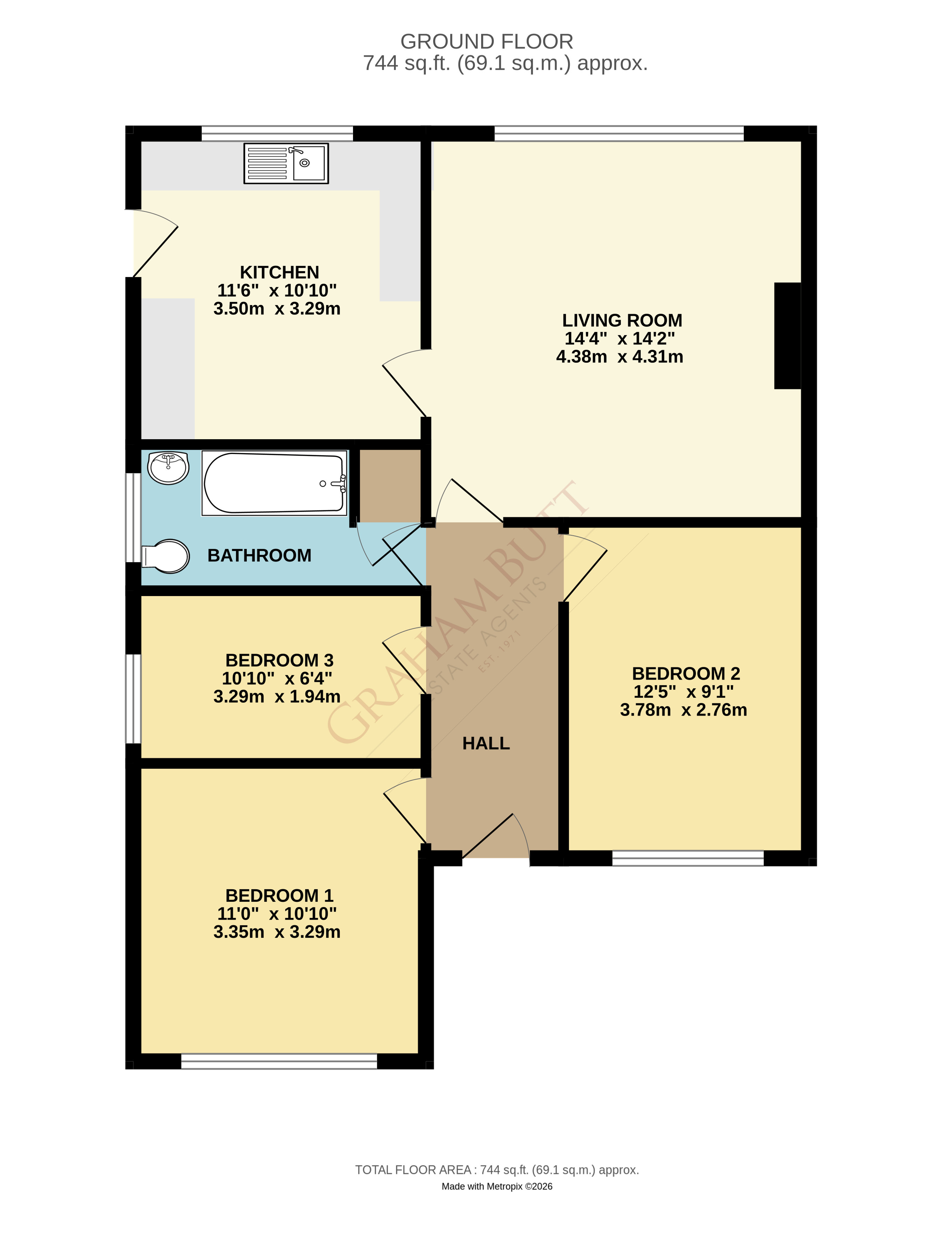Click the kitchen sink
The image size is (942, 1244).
pos(286,163)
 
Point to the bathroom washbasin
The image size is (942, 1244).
pos(168,467)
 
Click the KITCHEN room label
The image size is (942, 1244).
pos(279,272)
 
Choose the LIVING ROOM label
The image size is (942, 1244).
pos(622,320)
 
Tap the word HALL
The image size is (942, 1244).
pos(486,744)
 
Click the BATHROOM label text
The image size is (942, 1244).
pos(259,556)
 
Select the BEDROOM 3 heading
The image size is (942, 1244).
pos(279,660)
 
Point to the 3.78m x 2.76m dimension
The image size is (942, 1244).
pos(683,710)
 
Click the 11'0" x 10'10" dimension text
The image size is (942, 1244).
pos(277,914)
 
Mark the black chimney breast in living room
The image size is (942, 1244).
pos(787,336)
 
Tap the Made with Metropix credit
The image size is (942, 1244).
pos(497,1186)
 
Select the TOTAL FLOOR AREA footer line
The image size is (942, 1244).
pos(497,1170)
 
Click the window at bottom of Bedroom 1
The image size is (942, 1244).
pos(279,1061)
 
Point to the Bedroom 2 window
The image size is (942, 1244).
pos(688,858)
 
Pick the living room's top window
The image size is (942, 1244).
pos(619,133)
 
